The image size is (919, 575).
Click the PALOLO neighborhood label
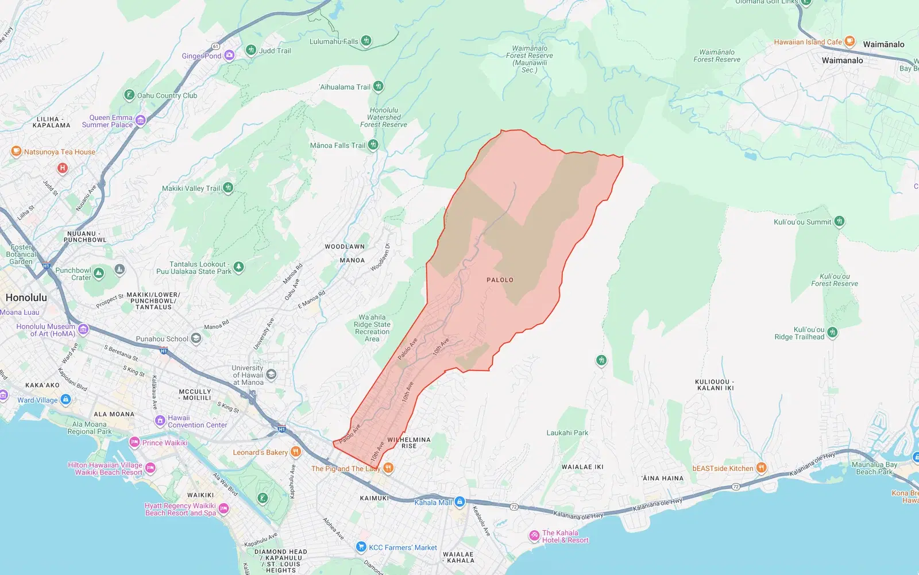[500, 280]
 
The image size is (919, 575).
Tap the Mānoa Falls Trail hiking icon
[373, 145]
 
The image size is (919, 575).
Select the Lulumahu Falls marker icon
[366, 41]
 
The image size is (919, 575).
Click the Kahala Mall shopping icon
[459, 502]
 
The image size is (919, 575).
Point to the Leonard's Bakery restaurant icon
[296, 452]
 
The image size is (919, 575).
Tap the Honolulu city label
[26, 298]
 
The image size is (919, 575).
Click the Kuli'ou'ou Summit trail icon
[839, 221]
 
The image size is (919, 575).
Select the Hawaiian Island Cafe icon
[850, 41]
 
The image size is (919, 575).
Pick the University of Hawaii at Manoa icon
[272, 375]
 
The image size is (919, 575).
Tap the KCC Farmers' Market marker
[361, 547]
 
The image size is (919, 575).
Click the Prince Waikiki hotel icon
[134, 442]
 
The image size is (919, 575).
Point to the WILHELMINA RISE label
[409, 442]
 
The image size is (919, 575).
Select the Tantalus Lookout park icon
[239, 267]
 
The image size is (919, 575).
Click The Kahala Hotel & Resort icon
[534, 536]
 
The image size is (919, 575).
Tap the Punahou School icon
[196, 338]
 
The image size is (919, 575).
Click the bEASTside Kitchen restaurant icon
[761, 468]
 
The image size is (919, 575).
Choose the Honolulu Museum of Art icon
[83, 329]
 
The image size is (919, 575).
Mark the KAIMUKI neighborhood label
[374, 498]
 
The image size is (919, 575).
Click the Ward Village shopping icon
[65, 399]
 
